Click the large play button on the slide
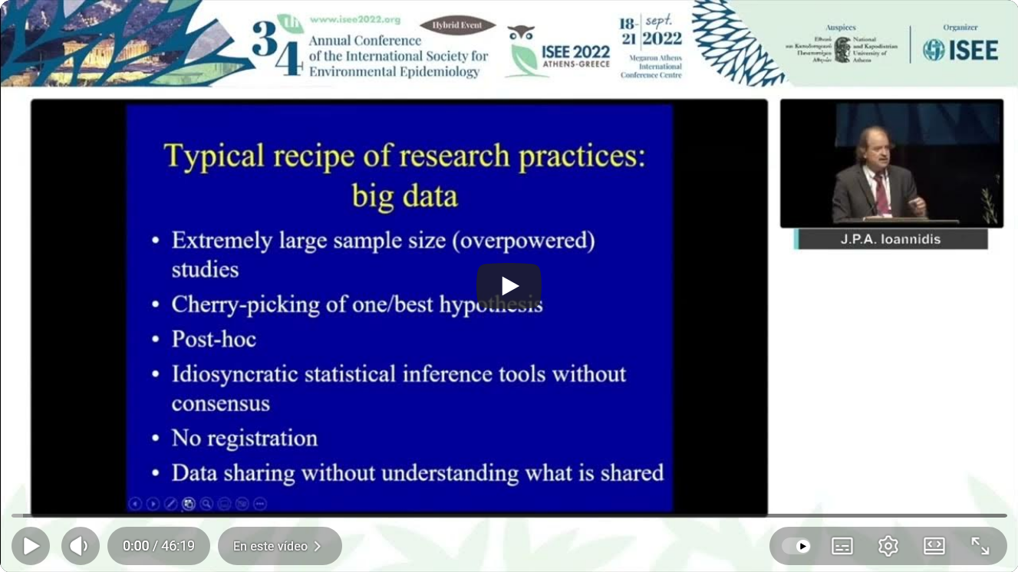[x=509, y=286]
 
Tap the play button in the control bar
[x=31, y=546]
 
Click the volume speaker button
[x=80, y=546]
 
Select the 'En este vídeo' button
[x=279, y=546]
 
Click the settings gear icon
[x=888, y=546]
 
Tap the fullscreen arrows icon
[x=980, y=546]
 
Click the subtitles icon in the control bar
[x=842, y=546]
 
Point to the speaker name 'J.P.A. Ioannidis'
[x=891, y=239]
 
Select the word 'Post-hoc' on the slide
[x=213, y=339]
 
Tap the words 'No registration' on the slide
[x=244, y=438]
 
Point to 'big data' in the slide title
[x=404, y=196]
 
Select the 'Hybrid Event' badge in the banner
[x=457, y=25]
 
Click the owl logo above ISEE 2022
[x=521, y=33]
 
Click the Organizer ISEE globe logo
[x=934, y=50]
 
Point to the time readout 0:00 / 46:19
[x=158, y=546]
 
